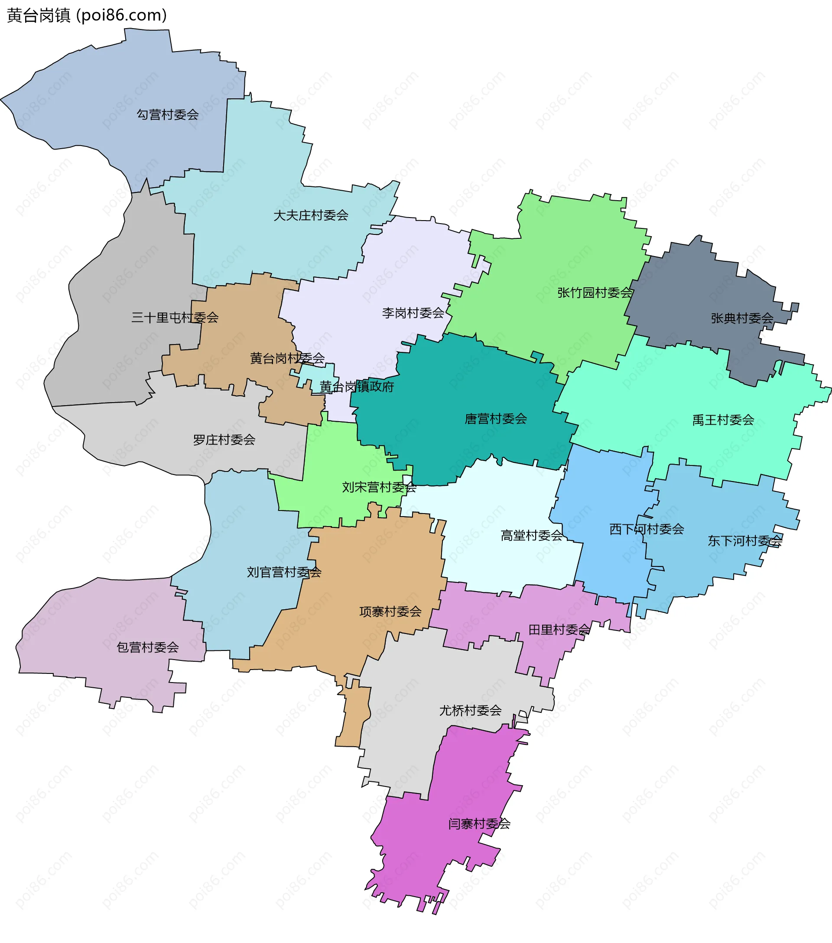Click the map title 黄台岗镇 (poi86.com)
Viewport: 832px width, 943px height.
pos(87,16)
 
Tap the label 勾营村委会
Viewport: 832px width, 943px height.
pos(167,114)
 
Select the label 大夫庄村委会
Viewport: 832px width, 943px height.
pos(310,215)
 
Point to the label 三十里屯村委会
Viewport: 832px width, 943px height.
pos(175,317)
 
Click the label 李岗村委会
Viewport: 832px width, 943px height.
pos(413,313)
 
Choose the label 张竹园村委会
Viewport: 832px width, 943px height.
pos(595,293)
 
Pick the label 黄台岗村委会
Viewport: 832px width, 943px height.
pos(287,358)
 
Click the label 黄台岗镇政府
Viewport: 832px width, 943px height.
pos(357,387)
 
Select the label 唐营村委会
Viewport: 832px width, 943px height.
pos(496,419)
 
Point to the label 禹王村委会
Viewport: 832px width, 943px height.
pos(723,420)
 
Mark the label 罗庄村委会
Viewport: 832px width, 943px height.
pos(224,440)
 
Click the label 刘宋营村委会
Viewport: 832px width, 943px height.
pos(379,487)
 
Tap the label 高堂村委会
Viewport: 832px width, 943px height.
pos(532,536)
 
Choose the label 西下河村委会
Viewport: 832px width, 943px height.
pos(647,529)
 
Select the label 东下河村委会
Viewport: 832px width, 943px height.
pos(745,541)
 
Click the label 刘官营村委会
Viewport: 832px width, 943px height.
pos(284,572)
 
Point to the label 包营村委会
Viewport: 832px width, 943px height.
pos(148,647)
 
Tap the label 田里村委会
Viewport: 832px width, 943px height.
pos(559,630)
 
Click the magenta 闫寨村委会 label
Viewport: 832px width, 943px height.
pos(479,823)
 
